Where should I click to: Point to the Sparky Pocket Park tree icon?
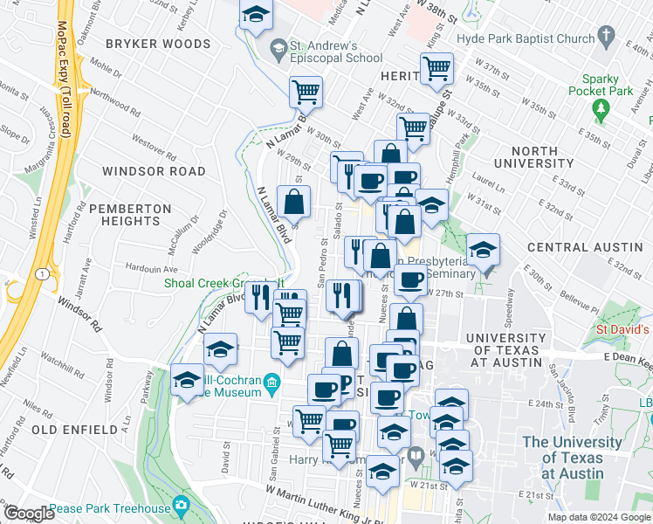tap(600, 109)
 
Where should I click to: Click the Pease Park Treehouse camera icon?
tap(181, 505)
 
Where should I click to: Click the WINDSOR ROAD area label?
tap(153, 171)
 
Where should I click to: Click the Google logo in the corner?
tap(29, 514)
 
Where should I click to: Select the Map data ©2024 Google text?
tap(598, 516)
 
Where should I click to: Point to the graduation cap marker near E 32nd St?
tap(483, 250)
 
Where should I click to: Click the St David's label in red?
tap(623, 330)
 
